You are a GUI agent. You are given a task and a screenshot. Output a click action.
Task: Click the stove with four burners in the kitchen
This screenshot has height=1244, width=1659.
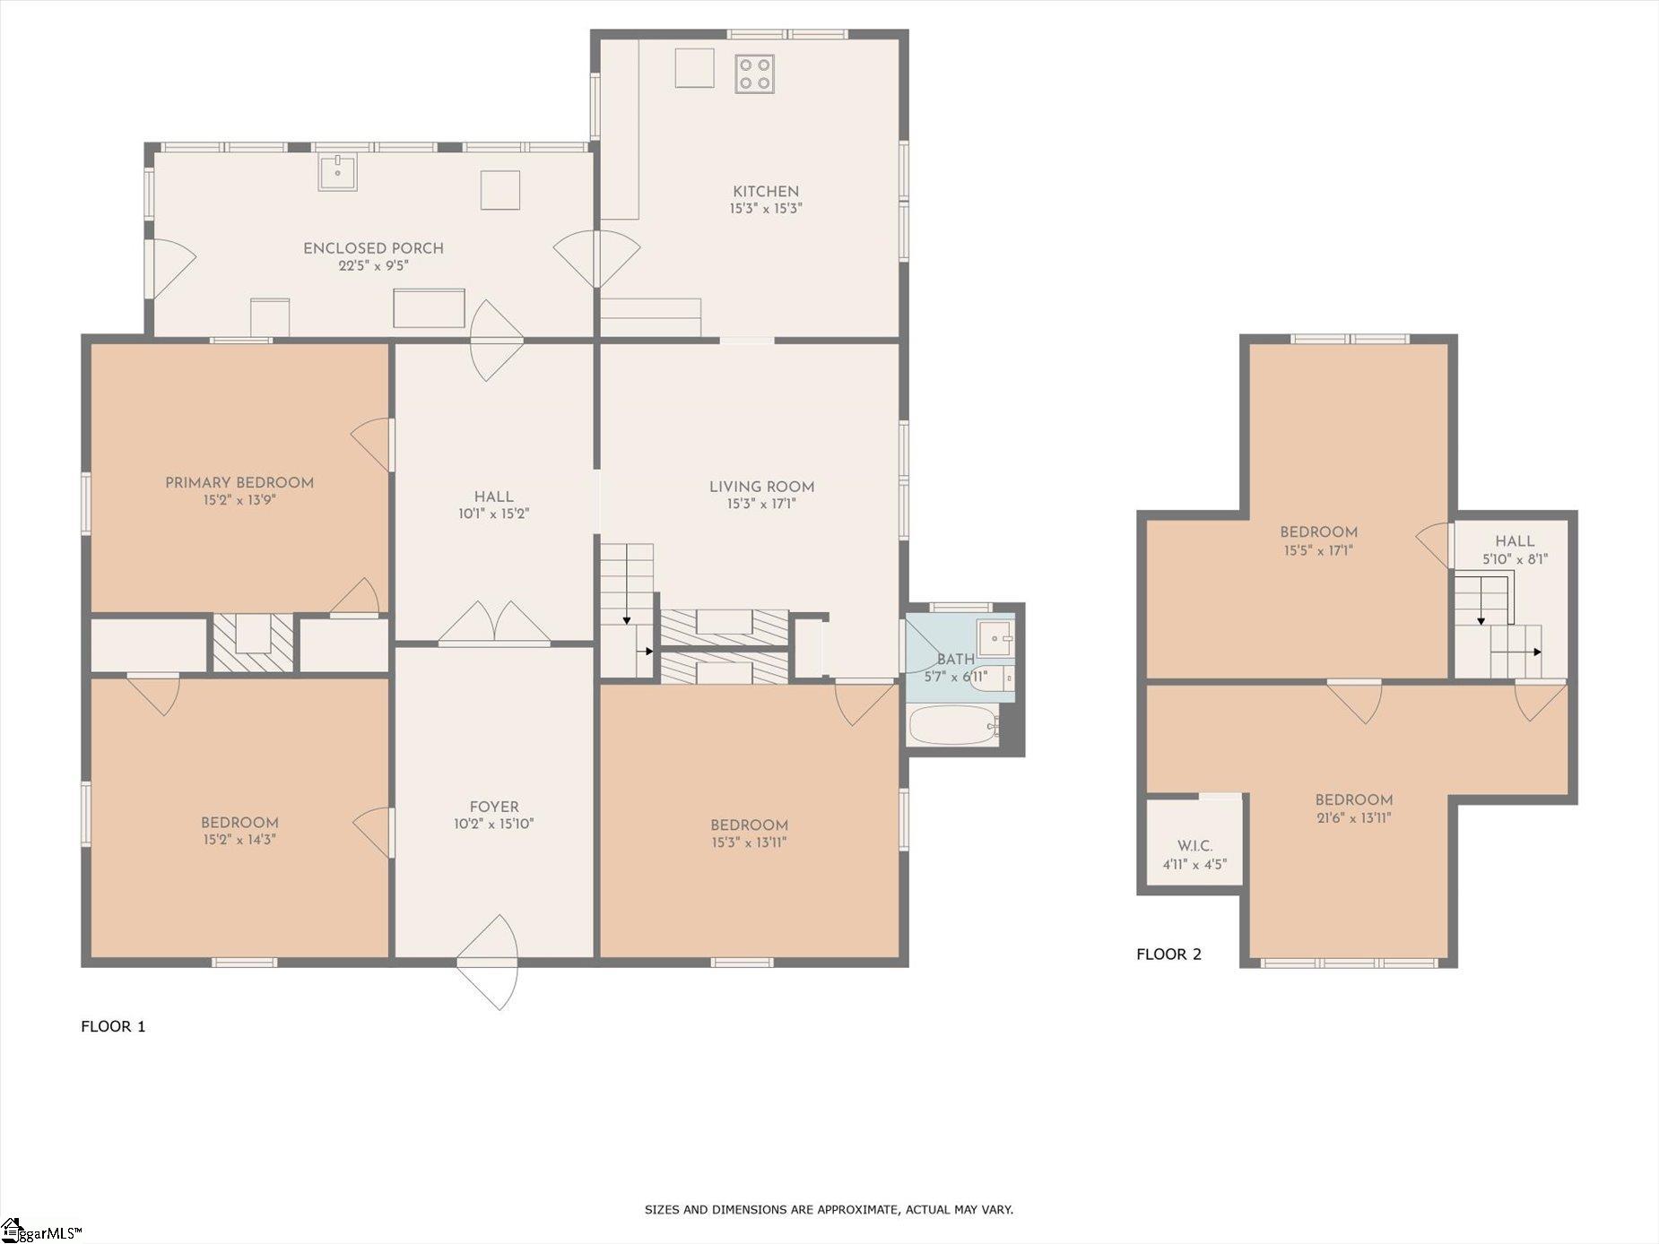click(x=754, y=73)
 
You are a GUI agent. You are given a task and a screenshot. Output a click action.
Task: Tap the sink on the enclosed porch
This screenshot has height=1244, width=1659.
click(x=337, y=171)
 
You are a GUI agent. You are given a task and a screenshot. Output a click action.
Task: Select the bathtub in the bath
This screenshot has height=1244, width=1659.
click(x=954, y=725)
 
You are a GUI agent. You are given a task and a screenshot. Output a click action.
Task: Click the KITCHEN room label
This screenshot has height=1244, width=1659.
click(x=765, y=191)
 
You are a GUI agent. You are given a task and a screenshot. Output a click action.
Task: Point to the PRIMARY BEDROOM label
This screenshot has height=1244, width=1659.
click(x=239, y=483)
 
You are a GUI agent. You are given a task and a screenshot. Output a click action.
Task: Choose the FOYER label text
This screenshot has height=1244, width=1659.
click(x=494, y=807)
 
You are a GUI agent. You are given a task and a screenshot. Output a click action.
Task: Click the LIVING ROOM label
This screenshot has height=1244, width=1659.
click(x=762, y=488)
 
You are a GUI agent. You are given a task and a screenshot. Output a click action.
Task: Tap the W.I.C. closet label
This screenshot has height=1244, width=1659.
click(x=1194, y=846)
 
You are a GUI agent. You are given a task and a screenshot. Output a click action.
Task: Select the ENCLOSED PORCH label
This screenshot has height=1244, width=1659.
click(x=374, y=248)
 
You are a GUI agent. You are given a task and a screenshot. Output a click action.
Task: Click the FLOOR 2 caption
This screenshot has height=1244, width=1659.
click(x=1168, y=954)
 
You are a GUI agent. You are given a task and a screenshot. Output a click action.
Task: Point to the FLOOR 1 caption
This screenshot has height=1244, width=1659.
click(x=113, y=1026)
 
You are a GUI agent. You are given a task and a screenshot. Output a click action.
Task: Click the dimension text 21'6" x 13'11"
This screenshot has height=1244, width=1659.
click(x=1353, y=817)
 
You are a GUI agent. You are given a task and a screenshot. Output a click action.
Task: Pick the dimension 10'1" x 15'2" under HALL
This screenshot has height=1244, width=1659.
click(x=494, y=514)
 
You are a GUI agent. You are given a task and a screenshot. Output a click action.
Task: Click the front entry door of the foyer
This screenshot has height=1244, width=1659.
click(x=487, y=963)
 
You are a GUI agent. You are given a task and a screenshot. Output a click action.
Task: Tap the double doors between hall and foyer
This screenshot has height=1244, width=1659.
click(x=494, y=623)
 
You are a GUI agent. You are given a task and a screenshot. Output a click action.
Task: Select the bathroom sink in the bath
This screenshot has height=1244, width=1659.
click(x=996, y=638)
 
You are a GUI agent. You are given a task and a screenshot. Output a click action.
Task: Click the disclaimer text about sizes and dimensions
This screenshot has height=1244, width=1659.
click(x=829, y=1210)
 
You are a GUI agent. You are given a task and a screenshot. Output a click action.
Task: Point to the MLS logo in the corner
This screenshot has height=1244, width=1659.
click(x=41, y=1231)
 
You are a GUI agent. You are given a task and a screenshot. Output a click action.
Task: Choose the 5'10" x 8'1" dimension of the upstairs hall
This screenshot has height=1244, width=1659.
click(x=1515, y=559)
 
